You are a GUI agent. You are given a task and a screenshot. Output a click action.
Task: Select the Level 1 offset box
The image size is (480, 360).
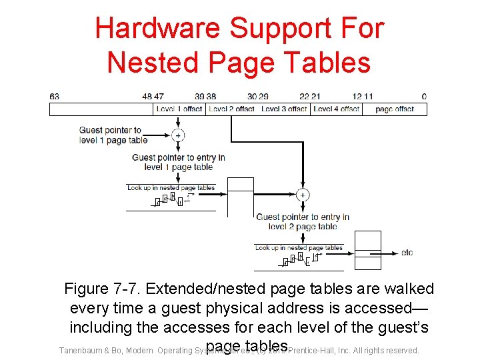[x=179, y=109]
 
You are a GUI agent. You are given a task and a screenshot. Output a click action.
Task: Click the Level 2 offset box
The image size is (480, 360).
[x=231, y=109]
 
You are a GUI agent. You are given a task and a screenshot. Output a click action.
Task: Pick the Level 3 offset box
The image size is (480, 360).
[x=284, y=109]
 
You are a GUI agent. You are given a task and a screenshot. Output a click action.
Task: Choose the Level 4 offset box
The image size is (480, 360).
[x=336, y=109]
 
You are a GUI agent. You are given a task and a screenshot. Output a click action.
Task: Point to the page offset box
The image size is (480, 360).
[x=395, y=109]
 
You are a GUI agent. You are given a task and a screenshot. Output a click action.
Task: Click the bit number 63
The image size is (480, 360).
[x=54, y=97]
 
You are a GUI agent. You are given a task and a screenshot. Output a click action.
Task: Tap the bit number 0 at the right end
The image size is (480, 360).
[x=424, y=97]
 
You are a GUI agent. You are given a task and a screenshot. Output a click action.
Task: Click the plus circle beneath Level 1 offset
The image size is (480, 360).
[x=178, y=135]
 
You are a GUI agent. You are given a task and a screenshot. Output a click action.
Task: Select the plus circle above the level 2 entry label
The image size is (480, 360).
[x=302, y=195]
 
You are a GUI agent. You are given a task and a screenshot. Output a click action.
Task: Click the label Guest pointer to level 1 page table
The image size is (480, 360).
[x=112, y=135]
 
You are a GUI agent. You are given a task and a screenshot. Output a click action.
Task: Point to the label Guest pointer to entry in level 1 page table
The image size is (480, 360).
[x=178, y=162]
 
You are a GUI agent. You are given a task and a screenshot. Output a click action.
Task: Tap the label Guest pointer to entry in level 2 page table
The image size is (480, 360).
[x=303, y=221]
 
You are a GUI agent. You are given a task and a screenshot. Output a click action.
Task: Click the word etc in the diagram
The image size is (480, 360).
[x=407, y=253]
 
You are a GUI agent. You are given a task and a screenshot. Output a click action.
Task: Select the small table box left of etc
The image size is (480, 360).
[x=367, y=250]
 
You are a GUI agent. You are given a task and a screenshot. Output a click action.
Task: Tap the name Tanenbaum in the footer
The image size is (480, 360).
[x=82, y=351]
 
